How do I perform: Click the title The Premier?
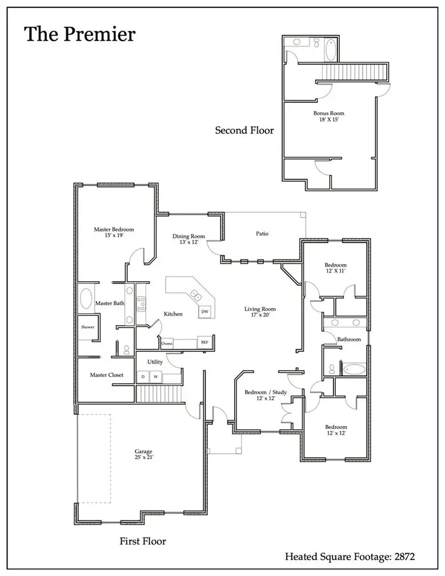point(79,34)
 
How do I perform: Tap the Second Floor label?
point(244,130)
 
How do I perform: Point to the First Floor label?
point(143,541)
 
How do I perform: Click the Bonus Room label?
point(328,117)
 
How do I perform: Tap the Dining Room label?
point(189,239)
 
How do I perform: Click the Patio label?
point(262,234)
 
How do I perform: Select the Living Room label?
point(260,312)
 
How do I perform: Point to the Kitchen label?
point(173,314)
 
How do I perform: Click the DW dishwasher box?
point(204,311)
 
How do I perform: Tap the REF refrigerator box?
point(203,342)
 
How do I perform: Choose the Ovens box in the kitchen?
point(167,343)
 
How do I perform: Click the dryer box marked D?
point(143,377)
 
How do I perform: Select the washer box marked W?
point(155,377)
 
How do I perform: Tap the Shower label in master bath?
point(87,327)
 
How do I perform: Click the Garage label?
point(143,454)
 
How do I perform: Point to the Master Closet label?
point(107,375)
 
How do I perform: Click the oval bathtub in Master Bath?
point(86,299)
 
